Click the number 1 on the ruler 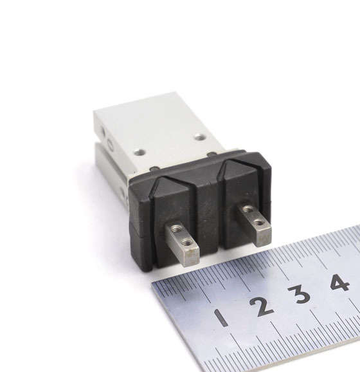(221, 318)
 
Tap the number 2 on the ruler (262, 306)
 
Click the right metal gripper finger (253, 223)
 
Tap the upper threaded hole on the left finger (176, 229)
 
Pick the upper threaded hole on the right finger (248, 209)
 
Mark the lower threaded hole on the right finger (259, 222)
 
